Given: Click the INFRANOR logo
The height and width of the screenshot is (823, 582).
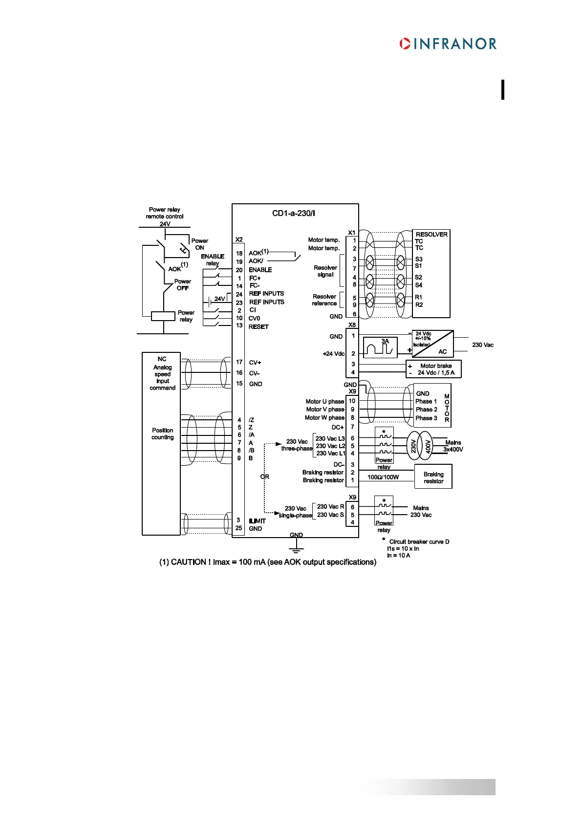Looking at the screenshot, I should tap(448, 43).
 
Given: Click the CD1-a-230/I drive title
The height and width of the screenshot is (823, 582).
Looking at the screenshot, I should tap(293, 213).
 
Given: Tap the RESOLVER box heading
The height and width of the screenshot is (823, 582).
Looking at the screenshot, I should tap(431, 234).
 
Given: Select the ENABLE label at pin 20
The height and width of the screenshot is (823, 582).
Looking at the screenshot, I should tap(260, 270).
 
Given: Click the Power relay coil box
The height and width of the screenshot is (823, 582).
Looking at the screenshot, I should tap(163, 316).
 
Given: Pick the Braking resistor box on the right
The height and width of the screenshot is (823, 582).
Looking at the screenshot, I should tap(433, 477).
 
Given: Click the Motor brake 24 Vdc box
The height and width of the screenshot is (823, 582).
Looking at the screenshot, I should tap(433, 369).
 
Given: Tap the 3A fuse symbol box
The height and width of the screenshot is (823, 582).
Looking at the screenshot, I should tap(380, 347).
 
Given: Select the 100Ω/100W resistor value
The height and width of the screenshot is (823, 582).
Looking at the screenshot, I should tap(383, 477).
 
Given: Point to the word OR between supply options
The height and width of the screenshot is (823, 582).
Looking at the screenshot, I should tap(264, 476).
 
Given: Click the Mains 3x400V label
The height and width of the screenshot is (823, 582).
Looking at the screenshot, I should tap(453, 446).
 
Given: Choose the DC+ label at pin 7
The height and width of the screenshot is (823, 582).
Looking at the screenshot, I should tap(338, 427).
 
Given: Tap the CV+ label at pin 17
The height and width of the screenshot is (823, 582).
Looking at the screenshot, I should tap(255, 363).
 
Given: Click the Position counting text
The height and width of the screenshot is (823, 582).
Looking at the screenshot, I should tap(162, 433).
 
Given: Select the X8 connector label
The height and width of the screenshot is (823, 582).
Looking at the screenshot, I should tap(352, 325).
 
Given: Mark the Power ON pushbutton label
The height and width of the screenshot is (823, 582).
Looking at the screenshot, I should tap(199, 244).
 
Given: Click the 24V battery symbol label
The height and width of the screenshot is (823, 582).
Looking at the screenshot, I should tap(219, 299).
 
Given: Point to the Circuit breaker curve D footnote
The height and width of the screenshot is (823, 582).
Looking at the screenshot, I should tap(419, 541).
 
